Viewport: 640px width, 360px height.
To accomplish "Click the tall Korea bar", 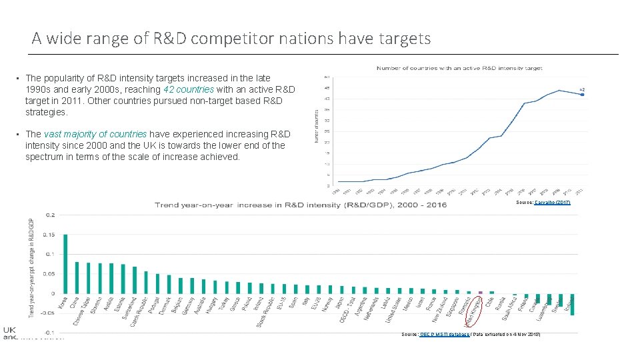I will [65, 263].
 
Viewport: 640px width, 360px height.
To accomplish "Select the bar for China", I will [77, 277].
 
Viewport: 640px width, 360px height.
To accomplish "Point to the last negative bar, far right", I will [572, 304].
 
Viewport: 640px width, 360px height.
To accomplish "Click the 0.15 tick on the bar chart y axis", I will [49, 234].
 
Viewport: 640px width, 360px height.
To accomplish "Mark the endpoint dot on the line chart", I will [582, 95].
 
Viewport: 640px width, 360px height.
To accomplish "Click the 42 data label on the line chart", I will [582, 89].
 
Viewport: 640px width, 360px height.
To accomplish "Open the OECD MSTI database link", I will [445, 333].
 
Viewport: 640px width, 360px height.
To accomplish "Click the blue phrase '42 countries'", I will [187, 89].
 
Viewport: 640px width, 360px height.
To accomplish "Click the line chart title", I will [459, 68].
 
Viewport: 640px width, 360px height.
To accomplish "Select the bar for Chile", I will [492, 293].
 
